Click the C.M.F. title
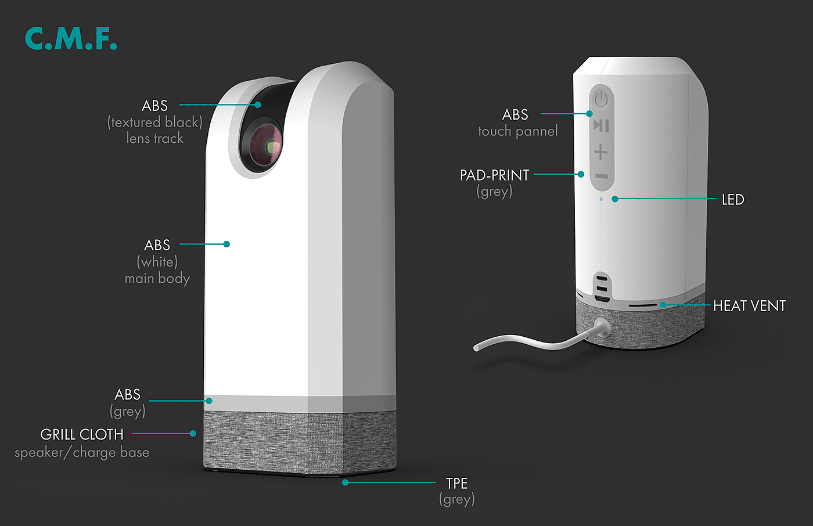coord(71,38)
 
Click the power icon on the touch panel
coord(601,98)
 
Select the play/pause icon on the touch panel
coord(601,125)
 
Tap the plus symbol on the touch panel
coord(601,153)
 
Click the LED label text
coord(732,200)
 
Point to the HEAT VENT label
coord(749,306)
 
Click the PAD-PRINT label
coord(494,175)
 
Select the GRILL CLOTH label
coord(82,434)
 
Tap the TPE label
coord(456,483)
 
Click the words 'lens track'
coord(154,138)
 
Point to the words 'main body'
coord(157,279)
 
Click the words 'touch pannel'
coord(517,131)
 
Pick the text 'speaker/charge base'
coord(82,452)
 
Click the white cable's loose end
coord(477,348)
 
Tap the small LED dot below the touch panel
coord(601,199)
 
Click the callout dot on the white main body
coord(226,244)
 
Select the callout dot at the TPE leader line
coord(345,482)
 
